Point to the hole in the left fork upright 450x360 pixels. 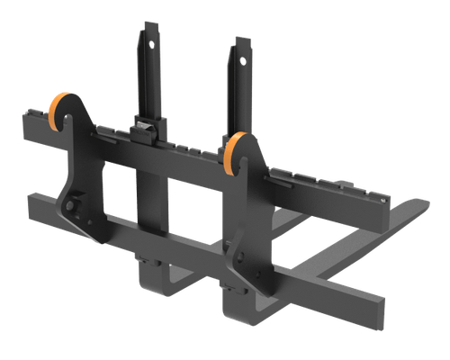150,39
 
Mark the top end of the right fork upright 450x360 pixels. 241,40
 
